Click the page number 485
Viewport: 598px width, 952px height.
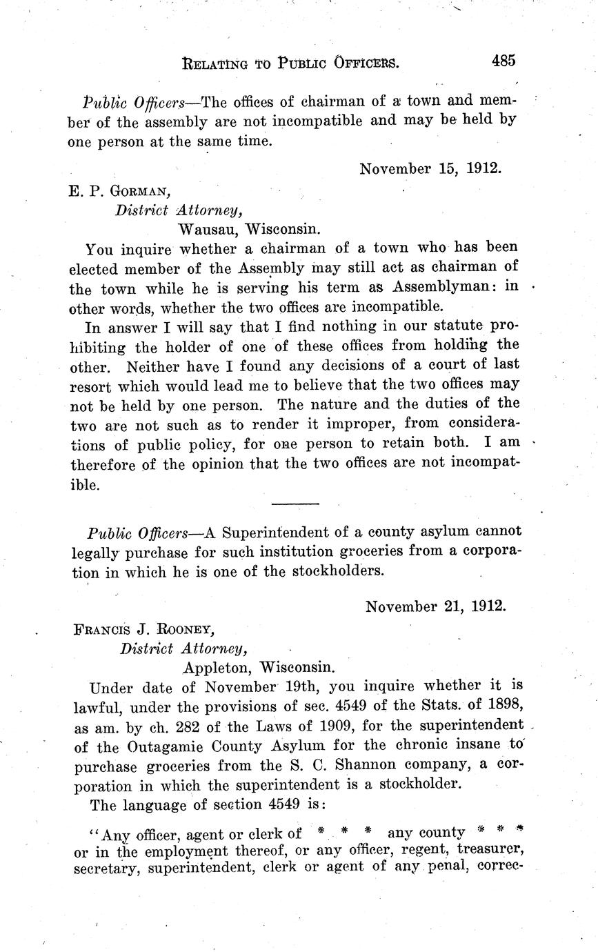click(503, 61)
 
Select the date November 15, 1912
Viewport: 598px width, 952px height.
click(429, 168)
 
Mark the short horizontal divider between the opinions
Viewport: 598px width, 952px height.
click(295, 504)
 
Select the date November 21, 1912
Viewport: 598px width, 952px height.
click(435, 606)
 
